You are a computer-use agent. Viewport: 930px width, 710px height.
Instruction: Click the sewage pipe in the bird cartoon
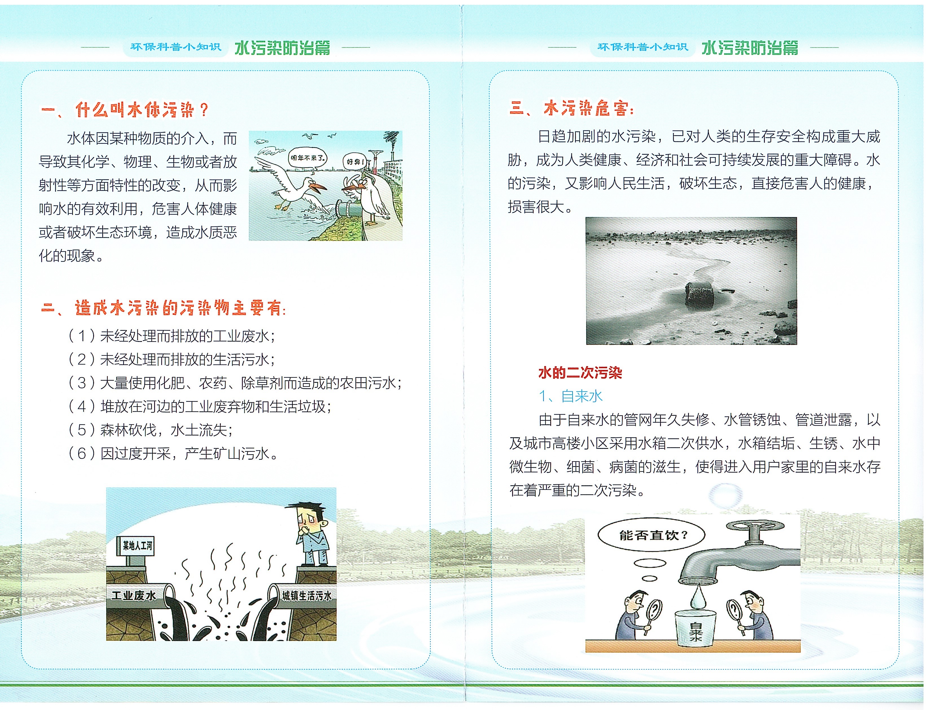[349, 209]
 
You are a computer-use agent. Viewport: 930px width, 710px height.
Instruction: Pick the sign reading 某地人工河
[136, 546]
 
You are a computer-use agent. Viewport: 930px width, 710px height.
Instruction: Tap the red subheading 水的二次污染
[580, 373]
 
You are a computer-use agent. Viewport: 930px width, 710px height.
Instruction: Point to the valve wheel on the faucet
[755, 527]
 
